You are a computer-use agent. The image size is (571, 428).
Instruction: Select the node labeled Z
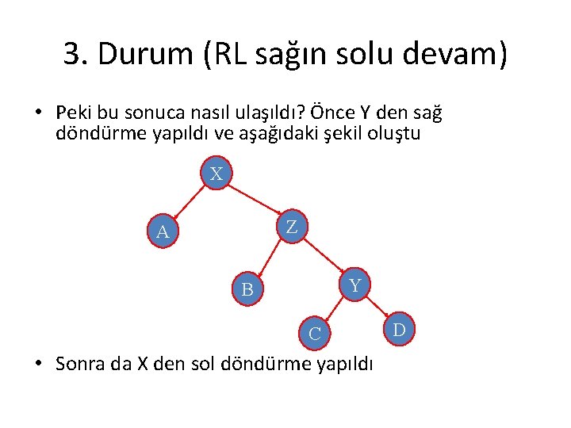292,227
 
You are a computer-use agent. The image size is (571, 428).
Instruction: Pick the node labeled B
247,290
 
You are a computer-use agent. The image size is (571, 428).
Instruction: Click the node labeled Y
355,285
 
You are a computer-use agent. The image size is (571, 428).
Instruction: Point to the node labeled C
314,334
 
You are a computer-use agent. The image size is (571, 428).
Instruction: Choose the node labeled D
399,329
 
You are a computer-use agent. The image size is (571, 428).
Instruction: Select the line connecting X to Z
254,201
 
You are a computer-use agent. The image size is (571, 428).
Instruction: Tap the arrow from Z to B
270,258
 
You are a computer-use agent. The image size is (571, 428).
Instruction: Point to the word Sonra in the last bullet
79,364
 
